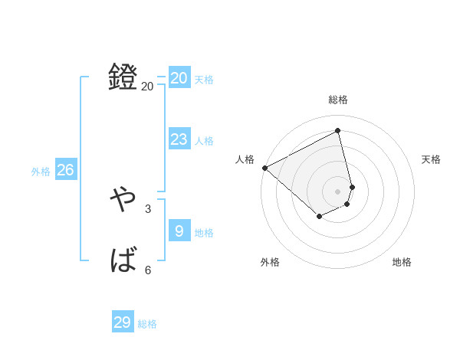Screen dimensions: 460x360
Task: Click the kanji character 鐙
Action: pyautogui.click(x=123, y=77)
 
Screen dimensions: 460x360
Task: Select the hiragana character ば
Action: pyautogui.click(x=123, y=261)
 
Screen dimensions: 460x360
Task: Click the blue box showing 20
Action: pyautogui.click(x=179, y=78)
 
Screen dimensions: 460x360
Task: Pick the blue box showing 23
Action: pyautogui.click(x=179, y=139)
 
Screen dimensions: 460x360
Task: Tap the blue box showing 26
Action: pyautogui.click(x=65, y=170)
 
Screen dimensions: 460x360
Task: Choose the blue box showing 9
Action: pyautogui.click(x=179, y=231)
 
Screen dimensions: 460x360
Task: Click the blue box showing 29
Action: pyautogui.click(x=123, y=322)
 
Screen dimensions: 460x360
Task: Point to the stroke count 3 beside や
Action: pyautogui.click(x=148, y=208)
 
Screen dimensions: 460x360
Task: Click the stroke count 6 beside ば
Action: pyautogui.click(x=148, y=270)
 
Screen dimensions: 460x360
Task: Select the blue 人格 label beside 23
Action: pyautogui.click(x=204, y=141)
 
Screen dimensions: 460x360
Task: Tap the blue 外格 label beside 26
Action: pyautogui.click(x=41, y=172)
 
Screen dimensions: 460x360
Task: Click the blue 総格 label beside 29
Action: pyautogui.click(x=147, y=324)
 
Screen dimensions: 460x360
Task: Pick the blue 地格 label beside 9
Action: pyautogui.click(x=204, y=233)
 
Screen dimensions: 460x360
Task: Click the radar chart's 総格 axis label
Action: pyautogui.click(x=338, y=100)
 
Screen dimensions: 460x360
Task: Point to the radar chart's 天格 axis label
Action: pyautogui.click(x=431, y=159)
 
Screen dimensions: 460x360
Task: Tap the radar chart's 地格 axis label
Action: pyautogui.click(x=402, y=262)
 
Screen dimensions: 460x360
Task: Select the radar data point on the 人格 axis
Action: pyautogui.click(x=264, y=168)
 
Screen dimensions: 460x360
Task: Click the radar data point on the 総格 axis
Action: pyautogui.click(x=338, y=130)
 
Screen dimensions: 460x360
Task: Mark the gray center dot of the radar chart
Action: pyautogui.click(x=338, y=191)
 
